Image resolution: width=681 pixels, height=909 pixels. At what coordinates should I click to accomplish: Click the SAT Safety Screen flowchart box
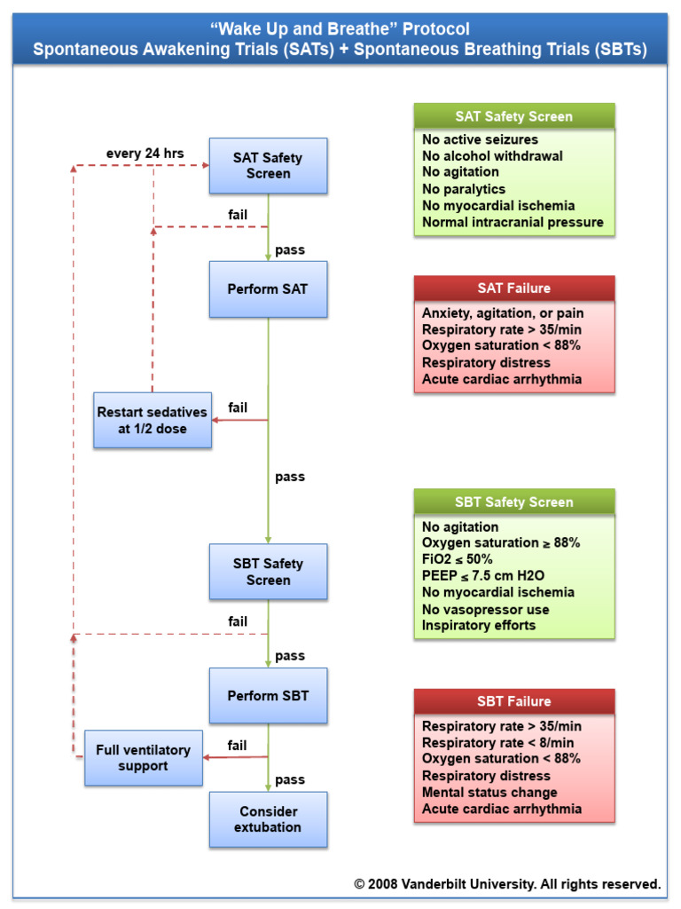(x=268, y=166)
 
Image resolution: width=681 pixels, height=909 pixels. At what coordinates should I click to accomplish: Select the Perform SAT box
(x=268, y=289)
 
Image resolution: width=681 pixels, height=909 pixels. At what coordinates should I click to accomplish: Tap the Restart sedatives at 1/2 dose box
(x=153, y=420)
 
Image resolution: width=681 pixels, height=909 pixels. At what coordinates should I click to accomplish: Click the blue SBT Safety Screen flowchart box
(x=268, y=572)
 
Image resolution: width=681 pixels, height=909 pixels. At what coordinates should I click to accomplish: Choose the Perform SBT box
(x=268, y=696)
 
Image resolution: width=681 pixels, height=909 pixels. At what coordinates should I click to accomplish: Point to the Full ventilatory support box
(x=144, y=757)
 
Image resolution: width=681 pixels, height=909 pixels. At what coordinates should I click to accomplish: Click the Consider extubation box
(x=268, y=818)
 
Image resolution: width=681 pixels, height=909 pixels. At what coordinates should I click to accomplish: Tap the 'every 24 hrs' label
(x=145, y=154)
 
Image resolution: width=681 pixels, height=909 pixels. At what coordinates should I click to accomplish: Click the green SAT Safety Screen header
(x=513, y=116)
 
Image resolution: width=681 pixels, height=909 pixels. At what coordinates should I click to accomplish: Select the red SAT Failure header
(x=513, y=288)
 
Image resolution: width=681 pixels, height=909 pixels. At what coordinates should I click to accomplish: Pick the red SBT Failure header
(x=513, y=701)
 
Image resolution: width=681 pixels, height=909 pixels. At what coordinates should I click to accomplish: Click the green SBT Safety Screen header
(x=513, y=502)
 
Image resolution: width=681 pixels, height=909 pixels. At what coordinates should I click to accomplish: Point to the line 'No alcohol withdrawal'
(x=492, y=155)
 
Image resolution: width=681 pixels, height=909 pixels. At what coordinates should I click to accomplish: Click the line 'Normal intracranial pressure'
(x=513, y=222)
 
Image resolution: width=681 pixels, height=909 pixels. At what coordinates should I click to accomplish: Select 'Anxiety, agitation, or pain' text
(x=503, y=313)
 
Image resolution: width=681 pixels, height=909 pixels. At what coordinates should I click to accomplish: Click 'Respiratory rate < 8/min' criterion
(x=497, y=742)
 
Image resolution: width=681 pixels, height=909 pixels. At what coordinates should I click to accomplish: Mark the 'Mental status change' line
(x=489, y=792)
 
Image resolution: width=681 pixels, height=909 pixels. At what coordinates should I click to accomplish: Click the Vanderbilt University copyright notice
(x=507, y=883)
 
